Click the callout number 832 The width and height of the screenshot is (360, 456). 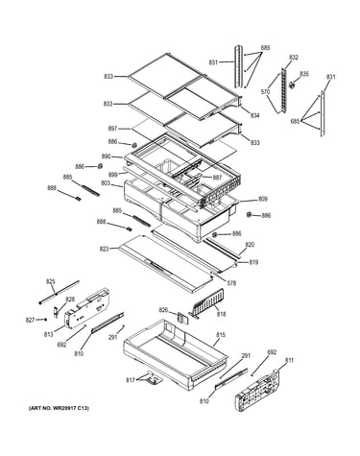[x=294, y=58]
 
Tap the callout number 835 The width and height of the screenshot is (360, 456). [x=304, y=74]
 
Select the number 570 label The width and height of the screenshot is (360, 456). [x=265, y=92]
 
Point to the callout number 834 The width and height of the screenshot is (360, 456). [x=254, y=115]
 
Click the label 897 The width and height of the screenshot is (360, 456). [x=112, y=129]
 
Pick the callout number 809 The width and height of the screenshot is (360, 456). [x=263, y=199]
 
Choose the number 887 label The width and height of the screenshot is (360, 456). [x=217, y=178]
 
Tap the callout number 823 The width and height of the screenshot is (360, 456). [x=104, y=249]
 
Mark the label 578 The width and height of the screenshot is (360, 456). [x=231, y=283]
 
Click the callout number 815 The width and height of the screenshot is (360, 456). [x=221, y=335]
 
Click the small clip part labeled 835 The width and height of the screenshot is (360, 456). [x=292, y=84]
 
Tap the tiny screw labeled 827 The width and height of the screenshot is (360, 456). [x=46, y=320]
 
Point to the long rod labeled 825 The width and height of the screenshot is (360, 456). [x=59, y=292]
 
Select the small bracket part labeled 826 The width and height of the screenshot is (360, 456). [x=180, y=317]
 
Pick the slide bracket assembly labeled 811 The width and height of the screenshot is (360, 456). [x=258, y=390]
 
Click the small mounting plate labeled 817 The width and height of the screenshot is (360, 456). [x=153, y=377]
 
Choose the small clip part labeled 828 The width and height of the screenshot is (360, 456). [x=56, y=311]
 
